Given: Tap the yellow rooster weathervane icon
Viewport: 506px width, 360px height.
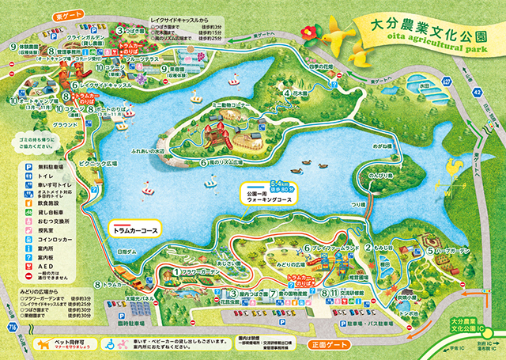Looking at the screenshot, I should click(452, 169).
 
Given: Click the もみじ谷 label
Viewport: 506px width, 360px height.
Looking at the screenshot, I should click(385, 248).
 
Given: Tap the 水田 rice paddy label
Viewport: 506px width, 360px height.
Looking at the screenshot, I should click(425, 86).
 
